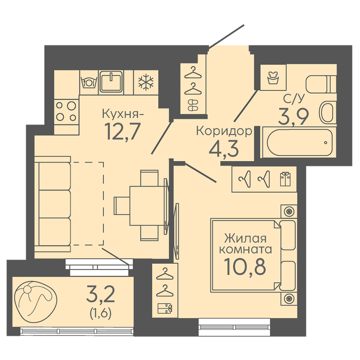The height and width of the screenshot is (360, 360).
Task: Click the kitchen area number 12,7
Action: [x=122, y=131]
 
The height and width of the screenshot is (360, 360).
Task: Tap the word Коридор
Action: [x=224, y=132]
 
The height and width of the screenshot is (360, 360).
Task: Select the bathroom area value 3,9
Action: [x=293, y=116]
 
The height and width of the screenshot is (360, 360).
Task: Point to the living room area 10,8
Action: [x=245, y=266]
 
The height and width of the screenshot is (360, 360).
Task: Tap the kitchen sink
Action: [x=111, y=82]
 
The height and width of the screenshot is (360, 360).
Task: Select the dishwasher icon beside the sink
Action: [x=89, y=83]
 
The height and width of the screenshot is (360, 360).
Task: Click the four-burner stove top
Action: [x=66, y=111]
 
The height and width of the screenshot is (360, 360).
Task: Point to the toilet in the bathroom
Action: [x=321, y=84]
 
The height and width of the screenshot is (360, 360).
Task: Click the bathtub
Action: [x=300, y=142]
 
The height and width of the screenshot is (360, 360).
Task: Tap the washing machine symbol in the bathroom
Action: [x=273, y=77]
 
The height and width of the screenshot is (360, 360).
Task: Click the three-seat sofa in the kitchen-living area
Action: [x=52, y=204]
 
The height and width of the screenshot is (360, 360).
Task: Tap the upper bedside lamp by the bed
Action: [x=289, y=211]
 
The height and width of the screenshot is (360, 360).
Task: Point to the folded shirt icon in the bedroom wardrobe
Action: [x=285, y=179]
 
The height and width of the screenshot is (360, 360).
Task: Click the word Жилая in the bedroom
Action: [x=245, y=239]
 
